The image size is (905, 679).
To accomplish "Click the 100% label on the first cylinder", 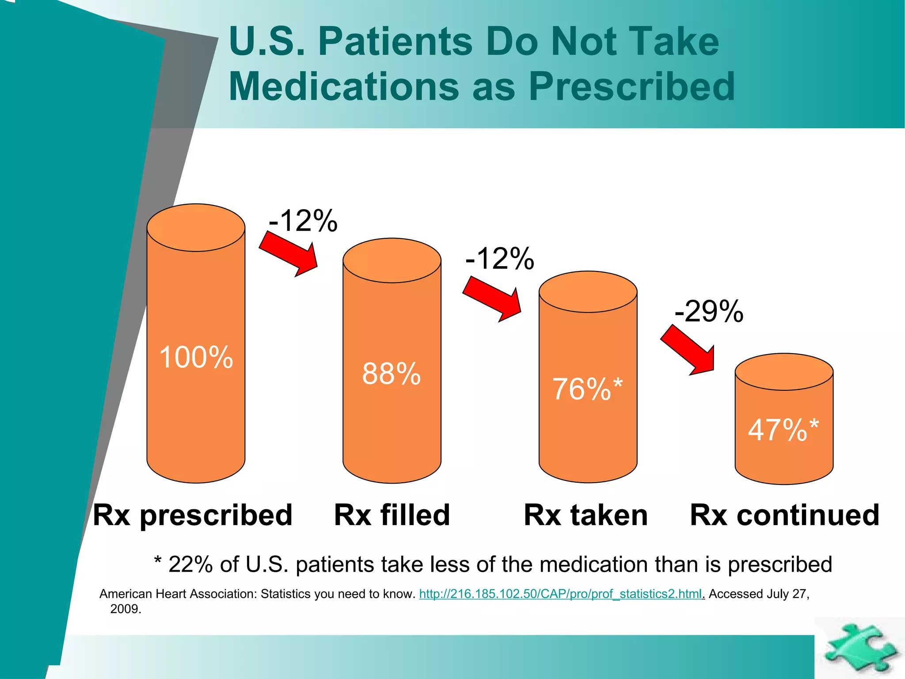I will pyautogui.click(x=196, y=357).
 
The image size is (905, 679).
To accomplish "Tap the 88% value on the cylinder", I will pyautogui.click(x=392, y=374).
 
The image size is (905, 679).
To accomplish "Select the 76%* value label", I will pyautogui.click(x=587, y=389).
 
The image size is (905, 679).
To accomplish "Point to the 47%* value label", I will pyautogui.click(x=783, y=430).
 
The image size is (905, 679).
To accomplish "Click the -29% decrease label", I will pyautogui.click(x=709, y=312).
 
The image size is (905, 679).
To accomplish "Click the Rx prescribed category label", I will pyautogui.click(x=193, y=515).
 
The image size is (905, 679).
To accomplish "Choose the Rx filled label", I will pyautogui.click(x=392, y=515).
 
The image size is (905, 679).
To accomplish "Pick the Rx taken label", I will pyautogui.click(x=586, y=515).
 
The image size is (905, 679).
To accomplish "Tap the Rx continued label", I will pyautogui.click(x=784, y=515).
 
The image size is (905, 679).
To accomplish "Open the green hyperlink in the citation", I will pyautogui.click(x=560, y=594).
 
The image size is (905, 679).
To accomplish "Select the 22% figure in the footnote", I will pyautogui.click(x=190, y=565).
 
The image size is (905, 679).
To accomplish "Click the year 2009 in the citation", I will pyautogui.click(x=125, y=609).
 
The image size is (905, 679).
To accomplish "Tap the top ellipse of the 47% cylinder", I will pyautogui.click(x=784, y=372).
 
